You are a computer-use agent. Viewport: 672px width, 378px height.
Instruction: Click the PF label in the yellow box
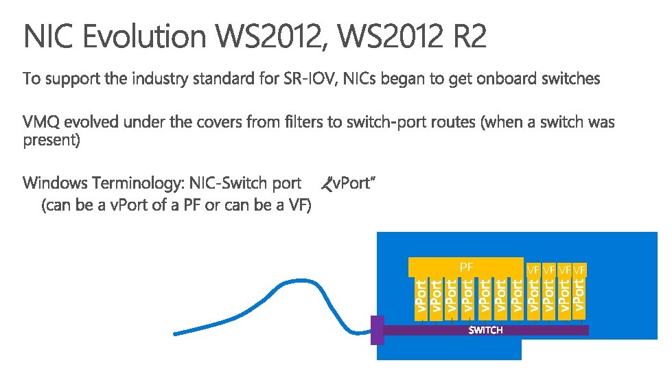click(x=466, y=266)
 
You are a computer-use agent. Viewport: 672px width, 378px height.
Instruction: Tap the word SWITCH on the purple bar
click(x=485, y=330)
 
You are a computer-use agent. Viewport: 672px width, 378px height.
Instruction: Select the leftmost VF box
click(x=533, y=269)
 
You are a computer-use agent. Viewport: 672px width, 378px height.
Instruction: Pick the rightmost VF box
click(x=580, y=269)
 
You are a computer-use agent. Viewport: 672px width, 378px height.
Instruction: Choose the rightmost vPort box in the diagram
click(x=579, y=294)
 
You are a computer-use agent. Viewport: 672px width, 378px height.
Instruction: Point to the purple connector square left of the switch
click(x=377, y=330)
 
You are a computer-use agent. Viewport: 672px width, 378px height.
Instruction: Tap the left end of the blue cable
click(x=176, y=334)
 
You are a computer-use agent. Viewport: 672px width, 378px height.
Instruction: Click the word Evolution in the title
click(x=145, y=36)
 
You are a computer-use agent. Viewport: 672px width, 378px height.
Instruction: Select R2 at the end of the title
click(x=470, y=36)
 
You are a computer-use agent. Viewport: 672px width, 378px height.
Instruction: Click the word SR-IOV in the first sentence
click(x=306, y=79)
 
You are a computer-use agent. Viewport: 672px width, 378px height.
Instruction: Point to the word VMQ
click(x=43, y=122)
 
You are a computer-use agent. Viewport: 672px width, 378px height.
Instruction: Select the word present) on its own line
click(x=51, y=141)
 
